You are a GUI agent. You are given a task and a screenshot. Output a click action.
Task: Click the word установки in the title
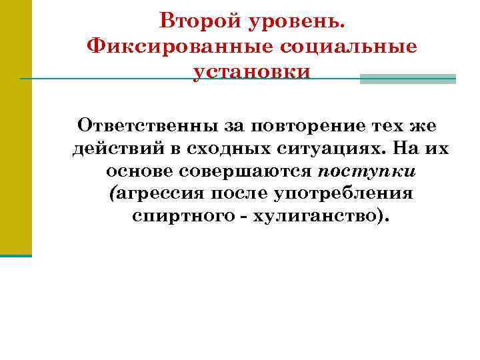252,71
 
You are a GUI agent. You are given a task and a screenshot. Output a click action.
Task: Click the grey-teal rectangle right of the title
407,79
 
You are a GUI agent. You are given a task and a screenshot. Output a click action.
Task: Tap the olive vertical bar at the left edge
15,127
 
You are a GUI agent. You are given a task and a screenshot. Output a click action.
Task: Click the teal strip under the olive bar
15,255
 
